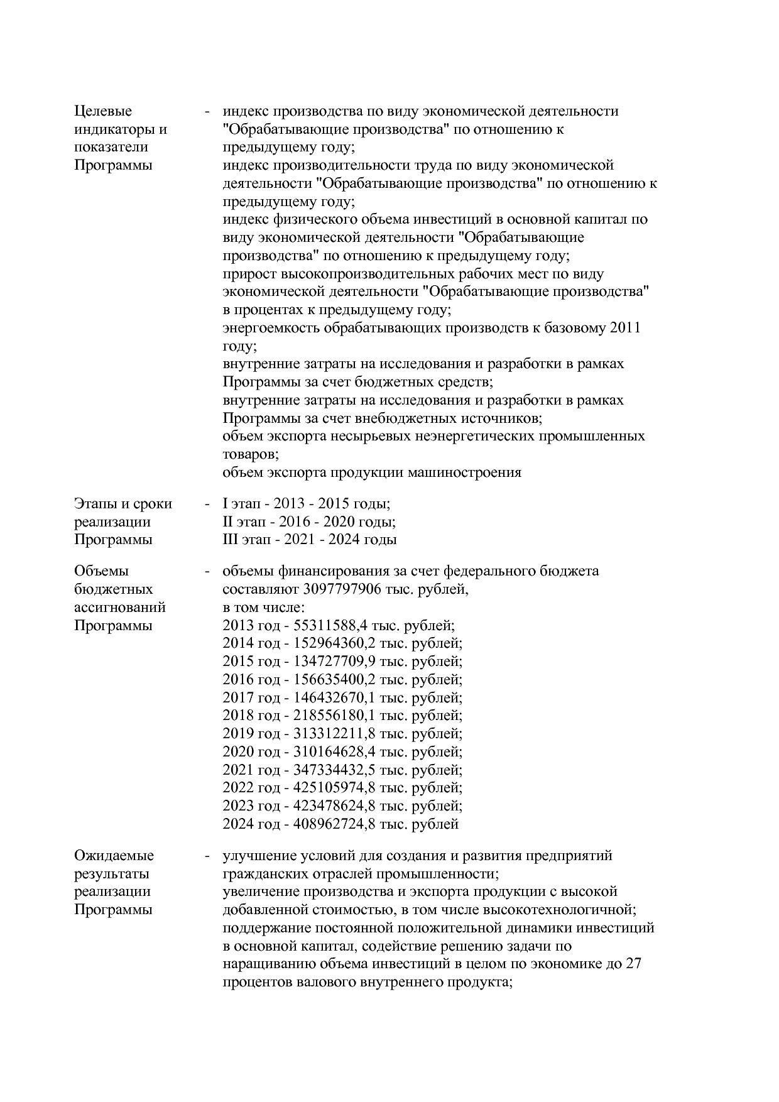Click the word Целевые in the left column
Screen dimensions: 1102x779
[x=103, y=111]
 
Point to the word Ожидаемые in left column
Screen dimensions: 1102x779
[x=114, y=856]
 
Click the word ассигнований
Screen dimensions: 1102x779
[x=120, y=608]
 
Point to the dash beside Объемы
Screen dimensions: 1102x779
[x=207, y=572]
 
